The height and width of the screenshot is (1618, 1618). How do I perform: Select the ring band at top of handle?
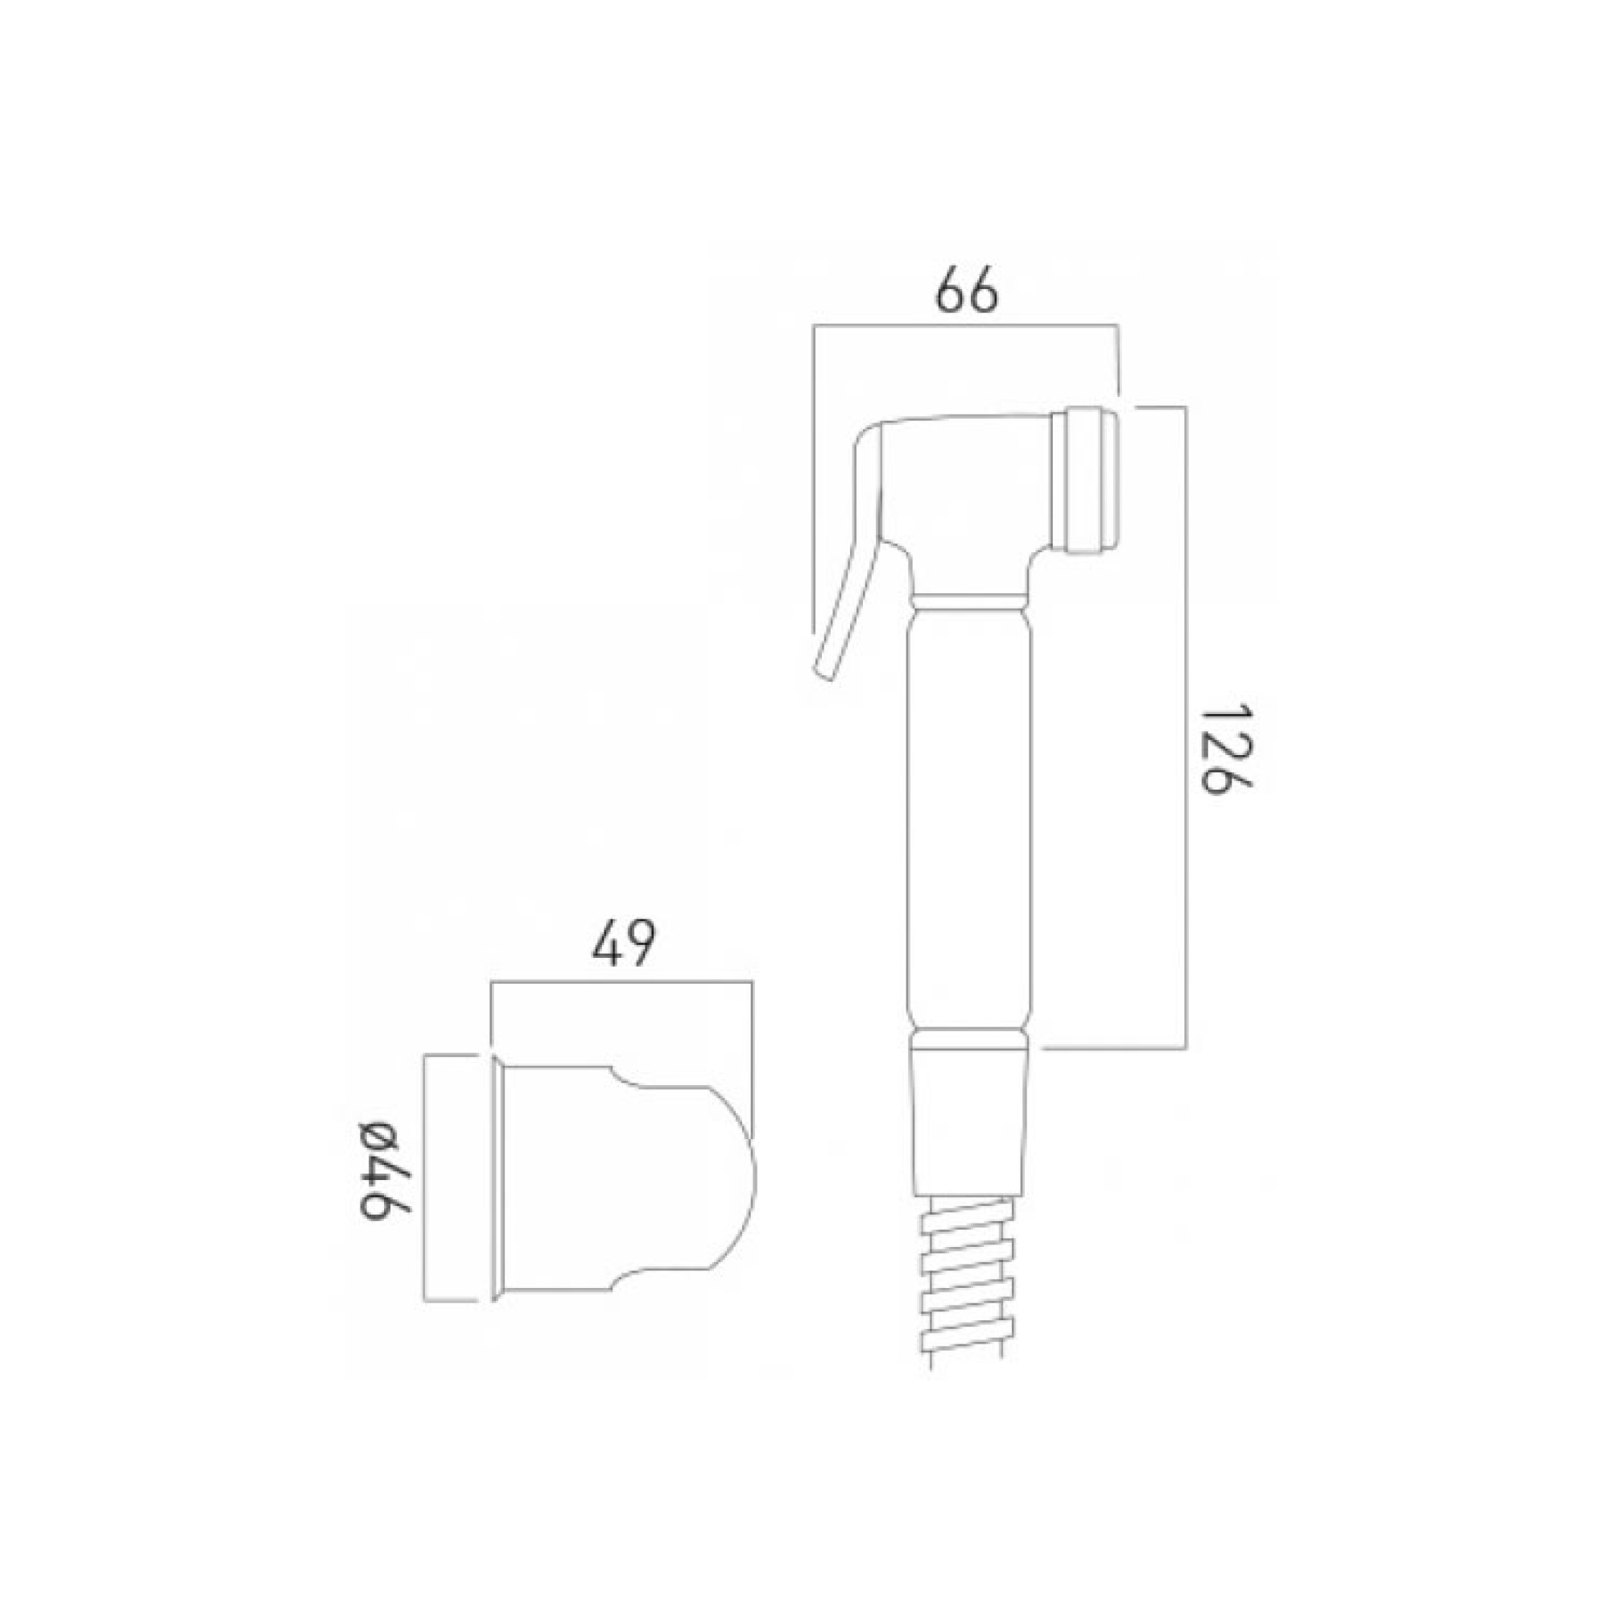point(970,601)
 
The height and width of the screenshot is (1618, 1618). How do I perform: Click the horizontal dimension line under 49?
point(622,981)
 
